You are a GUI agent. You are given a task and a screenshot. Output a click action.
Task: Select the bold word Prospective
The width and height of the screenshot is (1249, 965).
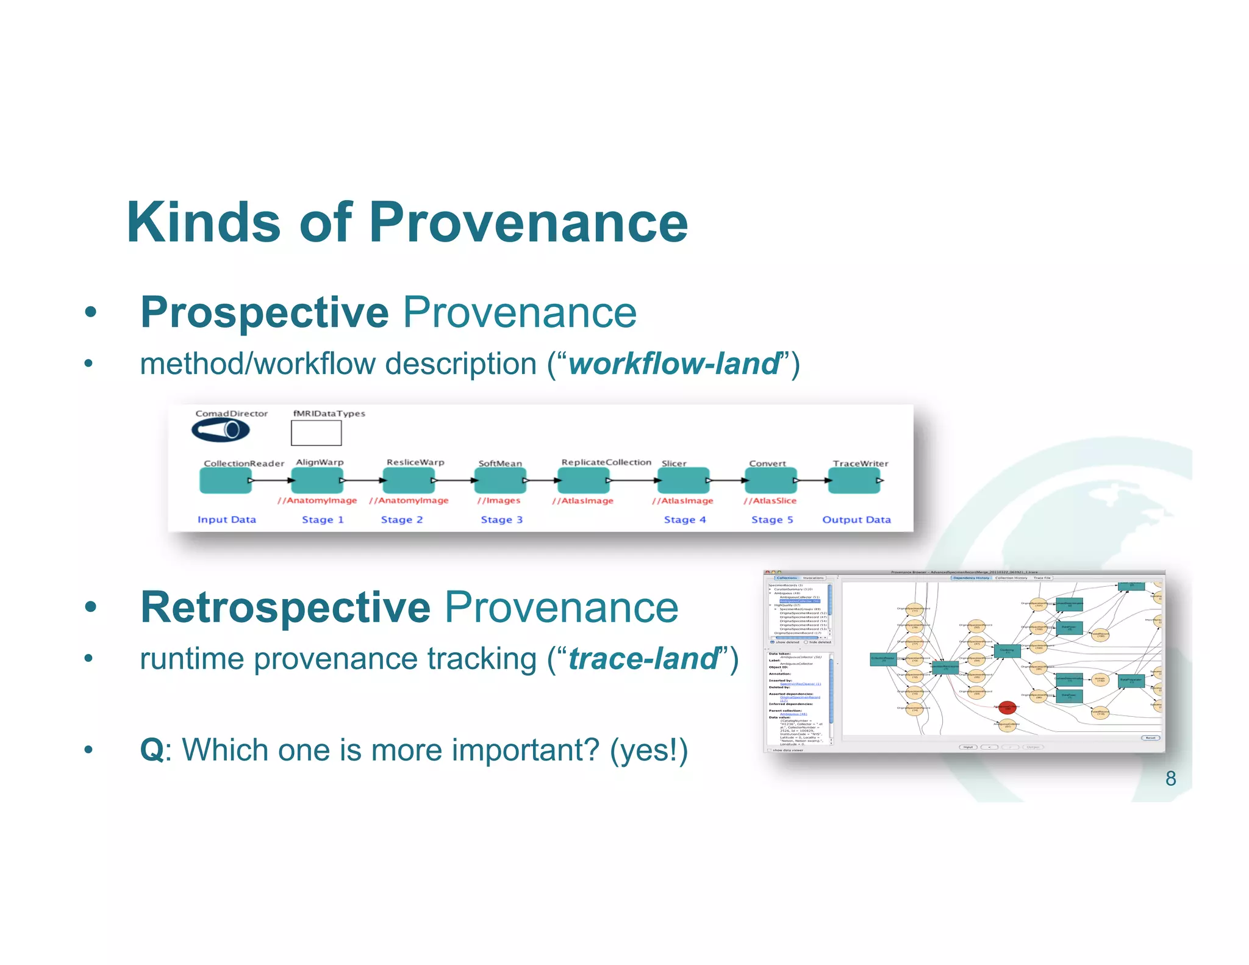264,312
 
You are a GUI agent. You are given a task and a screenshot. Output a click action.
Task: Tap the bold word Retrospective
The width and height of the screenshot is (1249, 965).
285,608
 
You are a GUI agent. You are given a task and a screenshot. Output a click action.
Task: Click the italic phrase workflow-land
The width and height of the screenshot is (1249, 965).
674,364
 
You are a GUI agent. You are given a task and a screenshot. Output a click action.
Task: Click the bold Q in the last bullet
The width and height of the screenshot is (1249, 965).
151,750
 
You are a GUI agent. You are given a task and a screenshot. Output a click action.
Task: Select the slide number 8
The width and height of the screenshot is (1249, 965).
1170,778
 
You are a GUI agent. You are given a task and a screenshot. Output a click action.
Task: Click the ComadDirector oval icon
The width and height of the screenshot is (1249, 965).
220,431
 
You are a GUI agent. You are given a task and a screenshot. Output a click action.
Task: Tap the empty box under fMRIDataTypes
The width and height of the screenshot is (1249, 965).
316,433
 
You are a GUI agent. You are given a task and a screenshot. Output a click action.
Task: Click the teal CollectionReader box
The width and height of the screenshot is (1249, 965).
224,481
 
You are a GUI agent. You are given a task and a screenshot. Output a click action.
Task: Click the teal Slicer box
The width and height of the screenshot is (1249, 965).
683,481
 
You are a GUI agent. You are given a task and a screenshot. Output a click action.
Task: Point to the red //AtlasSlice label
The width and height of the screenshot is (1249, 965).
770,501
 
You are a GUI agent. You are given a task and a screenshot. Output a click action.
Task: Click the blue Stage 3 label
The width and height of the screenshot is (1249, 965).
501,520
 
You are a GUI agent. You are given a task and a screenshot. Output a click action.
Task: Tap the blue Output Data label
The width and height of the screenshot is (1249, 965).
856,520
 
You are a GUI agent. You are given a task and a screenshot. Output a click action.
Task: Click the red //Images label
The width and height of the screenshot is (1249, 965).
499,501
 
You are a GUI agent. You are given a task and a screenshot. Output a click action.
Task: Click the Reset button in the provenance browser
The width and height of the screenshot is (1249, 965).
1150,737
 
